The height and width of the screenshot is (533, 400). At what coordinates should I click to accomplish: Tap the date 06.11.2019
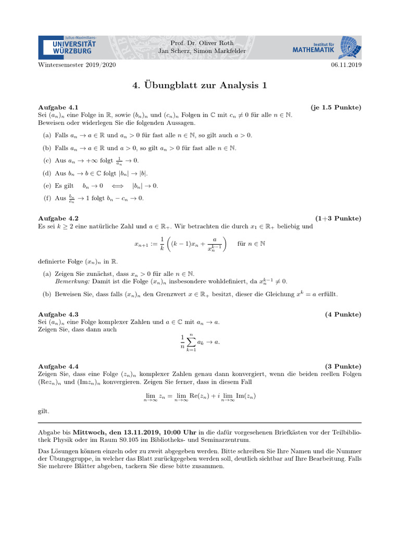tap(346, 65)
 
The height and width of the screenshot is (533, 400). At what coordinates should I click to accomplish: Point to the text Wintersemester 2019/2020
tap(77, 65)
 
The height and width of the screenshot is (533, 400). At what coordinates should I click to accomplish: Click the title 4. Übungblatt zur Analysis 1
tap(200, 85)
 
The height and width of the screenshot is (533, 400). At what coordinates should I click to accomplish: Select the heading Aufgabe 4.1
tap(58, 107)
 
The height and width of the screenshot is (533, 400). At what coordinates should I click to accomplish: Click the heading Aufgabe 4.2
tap(58, 219)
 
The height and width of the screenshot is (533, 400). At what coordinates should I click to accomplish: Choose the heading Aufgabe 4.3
tap(58, 314)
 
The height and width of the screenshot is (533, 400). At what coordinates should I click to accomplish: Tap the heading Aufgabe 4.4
tap(58, 366)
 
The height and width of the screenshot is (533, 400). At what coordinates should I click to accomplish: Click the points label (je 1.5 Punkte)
tap(336, 107)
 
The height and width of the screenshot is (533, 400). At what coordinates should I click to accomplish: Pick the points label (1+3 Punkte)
tap(338, 219)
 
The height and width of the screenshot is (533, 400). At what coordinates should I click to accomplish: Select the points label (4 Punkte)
tap(343, 314)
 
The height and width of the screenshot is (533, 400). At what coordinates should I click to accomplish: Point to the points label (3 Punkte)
tap(343, 366)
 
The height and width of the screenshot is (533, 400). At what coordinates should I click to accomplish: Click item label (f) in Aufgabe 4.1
tap(46, 198)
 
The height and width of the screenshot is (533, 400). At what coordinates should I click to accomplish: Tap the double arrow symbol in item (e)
tap(118, 186)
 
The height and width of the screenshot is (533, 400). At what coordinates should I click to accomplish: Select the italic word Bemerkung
tap(72, 281)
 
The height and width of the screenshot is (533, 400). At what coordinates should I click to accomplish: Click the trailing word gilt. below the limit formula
tap(44, 411)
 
